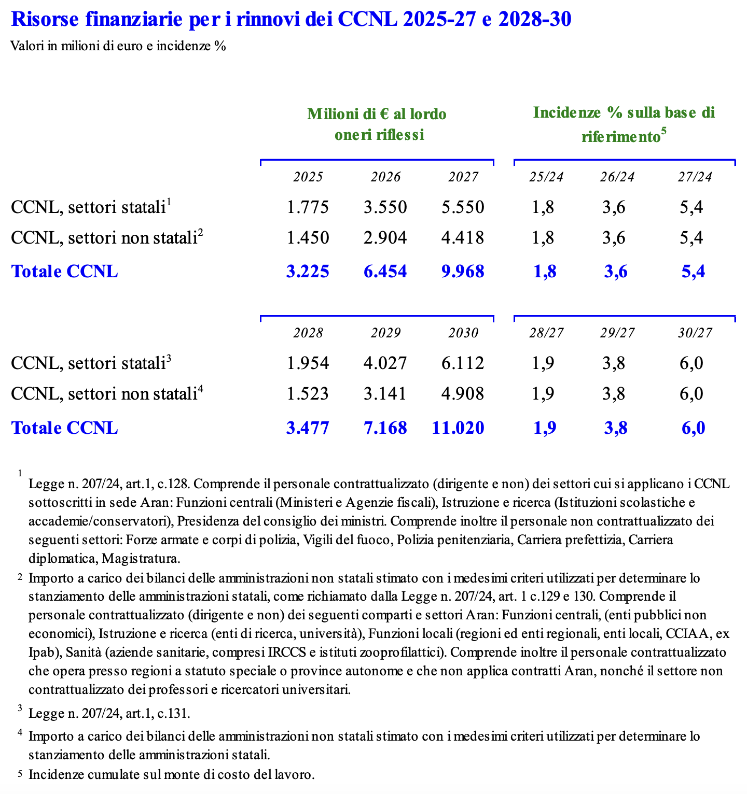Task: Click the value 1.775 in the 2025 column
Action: click(308, 207)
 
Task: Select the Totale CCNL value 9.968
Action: click(463, 271)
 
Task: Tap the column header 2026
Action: click(385, 177)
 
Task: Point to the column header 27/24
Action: click(695, 177)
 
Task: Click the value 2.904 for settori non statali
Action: click(385, 238)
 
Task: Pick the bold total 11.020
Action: click(458, 428)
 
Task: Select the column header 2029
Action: click(385, 333)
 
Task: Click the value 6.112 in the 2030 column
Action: click(463, 363)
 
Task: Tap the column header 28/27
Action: click(546, 333)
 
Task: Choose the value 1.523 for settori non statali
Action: click(308, 394)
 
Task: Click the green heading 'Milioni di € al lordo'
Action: click(377, 114)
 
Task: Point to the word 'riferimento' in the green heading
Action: click(620, 137)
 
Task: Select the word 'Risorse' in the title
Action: click(43, 20)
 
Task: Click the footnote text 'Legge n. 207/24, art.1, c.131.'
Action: click(109, 714)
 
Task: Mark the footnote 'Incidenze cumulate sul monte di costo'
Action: click(172, 775)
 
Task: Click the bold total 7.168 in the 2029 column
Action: click(385, 428)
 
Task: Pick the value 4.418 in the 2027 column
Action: click(463, 238)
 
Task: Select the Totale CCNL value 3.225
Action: click(308, 271)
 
